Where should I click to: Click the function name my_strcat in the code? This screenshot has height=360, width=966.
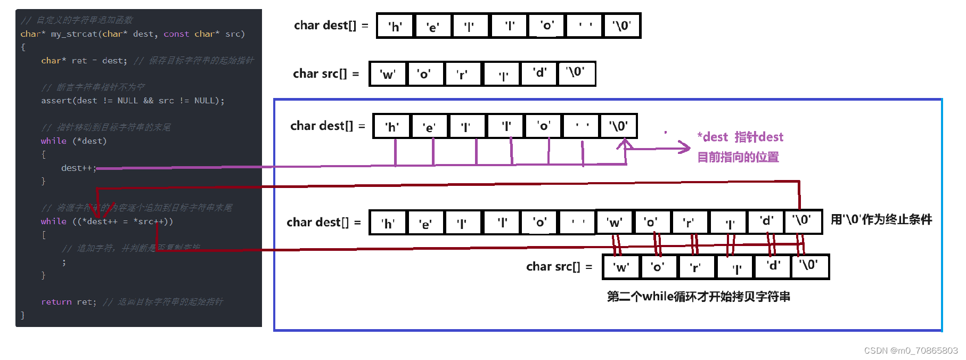point(74,34)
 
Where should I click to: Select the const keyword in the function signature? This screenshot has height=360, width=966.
point(176,34)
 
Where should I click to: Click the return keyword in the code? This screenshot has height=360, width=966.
point(56,302)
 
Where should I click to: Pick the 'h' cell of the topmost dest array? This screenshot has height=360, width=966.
point(395,26)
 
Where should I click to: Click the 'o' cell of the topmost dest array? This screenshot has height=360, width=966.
point(546,26)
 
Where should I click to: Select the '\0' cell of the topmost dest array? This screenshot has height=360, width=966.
point(621,26)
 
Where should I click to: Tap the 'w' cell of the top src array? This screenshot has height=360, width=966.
point(387,74)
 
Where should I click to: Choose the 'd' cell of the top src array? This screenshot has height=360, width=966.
point(539,73)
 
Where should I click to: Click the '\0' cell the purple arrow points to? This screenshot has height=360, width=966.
point(618,126)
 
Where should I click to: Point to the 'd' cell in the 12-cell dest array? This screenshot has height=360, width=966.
point(766,222)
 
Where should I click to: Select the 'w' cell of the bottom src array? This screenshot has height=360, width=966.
point(621,267)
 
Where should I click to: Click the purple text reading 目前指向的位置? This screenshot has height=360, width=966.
point(738,157)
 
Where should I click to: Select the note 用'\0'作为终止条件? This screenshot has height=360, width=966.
point(881,219)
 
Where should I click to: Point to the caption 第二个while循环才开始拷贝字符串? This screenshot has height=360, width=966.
point(698,297)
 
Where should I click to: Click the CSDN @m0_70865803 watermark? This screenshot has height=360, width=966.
point(911,350)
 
